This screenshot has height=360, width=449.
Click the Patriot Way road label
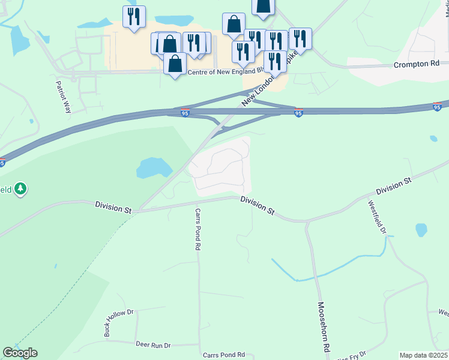[63, 97]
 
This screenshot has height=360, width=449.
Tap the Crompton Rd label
[417, 64]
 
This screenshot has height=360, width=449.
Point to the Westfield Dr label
[379, 215]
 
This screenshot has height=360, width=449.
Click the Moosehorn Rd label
[324, 327]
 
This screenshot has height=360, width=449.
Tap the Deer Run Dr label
[153, 345]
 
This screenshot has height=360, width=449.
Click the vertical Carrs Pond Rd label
[198, 229]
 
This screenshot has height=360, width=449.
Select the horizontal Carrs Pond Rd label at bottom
[224, 355]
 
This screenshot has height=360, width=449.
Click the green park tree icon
[21, 189]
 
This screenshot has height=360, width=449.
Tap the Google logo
[20, 353]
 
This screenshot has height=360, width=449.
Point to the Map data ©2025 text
[424, 355]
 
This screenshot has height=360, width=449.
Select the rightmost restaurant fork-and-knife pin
[300, 39]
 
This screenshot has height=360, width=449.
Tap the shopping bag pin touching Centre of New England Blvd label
[175, 64]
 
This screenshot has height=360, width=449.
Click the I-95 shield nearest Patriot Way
[185, 113]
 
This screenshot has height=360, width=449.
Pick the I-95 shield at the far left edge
[2, 162]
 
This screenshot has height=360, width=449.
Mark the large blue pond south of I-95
[154, 169]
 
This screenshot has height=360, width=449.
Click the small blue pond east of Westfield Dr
[421, 230]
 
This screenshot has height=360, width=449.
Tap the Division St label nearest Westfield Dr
[393, 185]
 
